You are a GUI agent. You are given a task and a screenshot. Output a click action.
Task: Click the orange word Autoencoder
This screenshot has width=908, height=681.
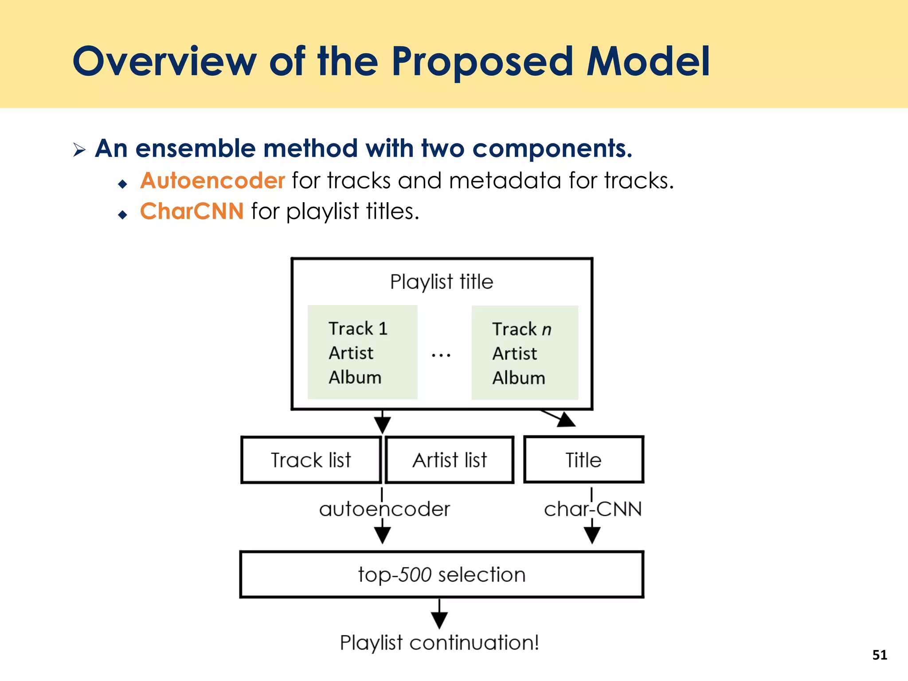point(212,181)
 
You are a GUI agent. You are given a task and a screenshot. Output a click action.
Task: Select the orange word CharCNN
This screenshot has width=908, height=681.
point(192,211)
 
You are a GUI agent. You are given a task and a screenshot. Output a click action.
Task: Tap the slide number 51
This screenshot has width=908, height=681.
point(880,655)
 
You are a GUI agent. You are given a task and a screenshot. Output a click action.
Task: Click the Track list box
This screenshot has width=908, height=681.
point(311,460)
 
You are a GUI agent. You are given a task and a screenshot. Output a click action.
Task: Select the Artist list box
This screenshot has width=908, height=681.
point(450,460)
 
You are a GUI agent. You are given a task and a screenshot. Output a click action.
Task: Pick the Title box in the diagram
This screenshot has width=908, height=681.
point(583,460)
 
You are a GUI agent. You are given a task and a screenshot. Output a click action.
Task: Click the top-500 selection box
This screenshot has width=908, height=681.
point(442,575)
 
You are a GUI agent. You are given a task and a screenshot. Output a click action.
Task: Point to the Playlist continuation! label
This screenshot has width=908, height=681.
point(439,642)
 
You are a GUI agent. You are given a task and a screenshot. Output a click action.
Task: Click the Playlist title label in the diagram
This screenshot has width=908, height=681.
point(442,282)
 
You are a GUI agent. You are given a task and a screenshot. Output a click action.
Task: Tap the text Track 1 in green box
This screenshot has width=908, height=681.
point(358,329)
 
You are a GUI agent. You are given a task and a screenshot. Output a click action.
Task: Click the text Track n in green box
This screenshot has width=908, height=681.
point(522,329)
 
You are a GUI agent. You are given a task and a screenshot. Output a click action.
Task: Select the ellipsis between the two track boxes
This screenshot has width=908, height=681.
point(441,355)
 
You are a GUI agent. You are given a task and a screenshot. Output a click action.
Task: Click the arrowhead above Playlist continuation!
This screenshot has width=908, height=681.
point(439,620)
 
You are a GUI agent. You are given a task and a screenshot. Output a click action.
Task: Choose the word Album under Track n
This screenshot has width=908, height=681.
point(519,378)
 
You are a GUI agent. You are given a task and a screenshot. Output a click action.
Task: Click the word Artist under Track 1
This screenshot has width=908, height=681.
point(351,353)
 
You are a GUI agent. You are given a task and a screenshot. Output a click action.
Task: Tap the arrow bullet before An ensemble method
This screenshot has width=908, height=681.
point(79,149)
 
